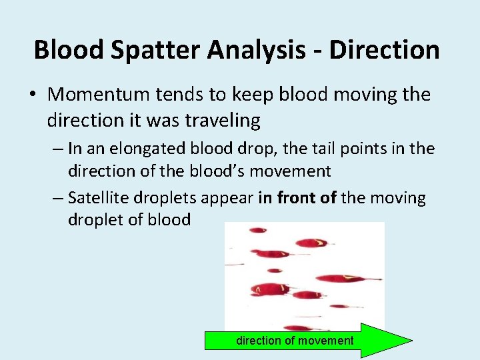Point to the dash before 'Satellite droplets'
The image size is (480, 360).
[56, 199]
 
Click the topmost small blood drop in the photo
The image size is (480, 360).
[257, 231]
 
